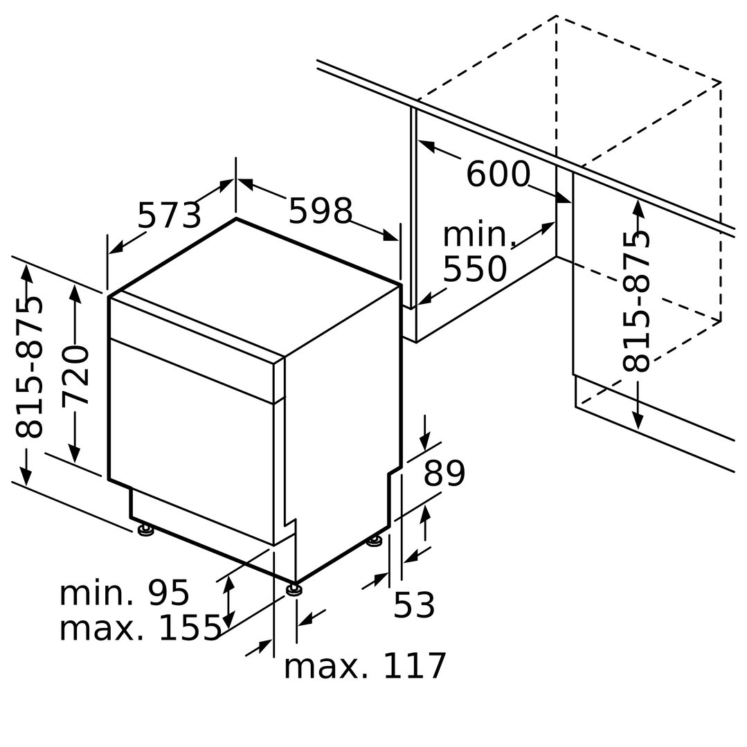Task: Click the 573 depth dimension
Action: point(169,215)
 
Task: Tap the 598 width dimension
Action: point(320,210)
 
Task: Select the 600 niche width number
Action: point(497,174)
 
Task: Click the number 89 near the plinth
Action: point(444,473)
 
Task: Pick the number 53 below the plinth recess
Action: point(413,604)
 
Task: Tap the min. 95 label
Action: point(125,593)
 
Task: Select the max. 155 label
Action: point(140,627)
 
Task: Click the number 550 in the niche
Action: point(475,269)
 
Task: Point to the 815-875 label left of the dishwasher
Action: point(29,367)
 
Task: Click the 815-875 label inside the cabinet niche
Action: point(636,301)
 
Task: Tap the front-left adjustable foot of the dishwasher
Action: point(145,530)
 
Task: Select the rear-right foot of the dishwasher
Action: point(375,541)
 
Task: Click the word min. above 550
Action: point(479,235)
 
